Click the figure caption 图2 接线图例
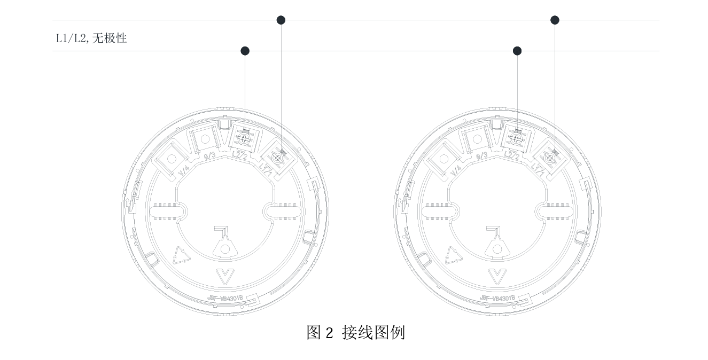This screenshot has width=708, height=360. click(355, 332)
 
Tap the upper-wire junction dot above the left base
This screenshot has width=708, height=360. click(281, 20)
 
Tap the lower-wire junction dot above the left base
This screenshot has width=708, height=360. click(245, 51)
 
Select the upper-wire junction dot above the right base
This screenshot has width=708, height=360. click(555, 20)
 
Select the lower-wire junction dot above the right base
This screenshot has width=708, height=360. click(517, 51)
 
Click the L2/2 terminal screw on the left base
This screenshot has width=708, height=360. click(245, 138)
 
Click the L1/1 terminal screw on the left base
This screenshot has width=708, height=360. click(277, 158)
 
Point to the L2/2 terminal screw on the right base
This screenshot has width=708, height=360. click(516, 138)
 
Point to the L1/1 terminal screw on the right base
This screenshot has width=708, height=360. click(549, 158)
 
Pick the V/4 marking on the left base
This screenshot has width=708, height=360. click(183, 171)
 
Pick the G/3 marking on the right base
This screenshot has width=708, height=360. click(481, 155)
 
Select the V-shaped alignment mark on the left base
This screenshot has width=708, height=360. click(224, 276)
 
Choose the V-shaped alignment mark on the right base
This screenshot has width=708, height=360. click(496, 276)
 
